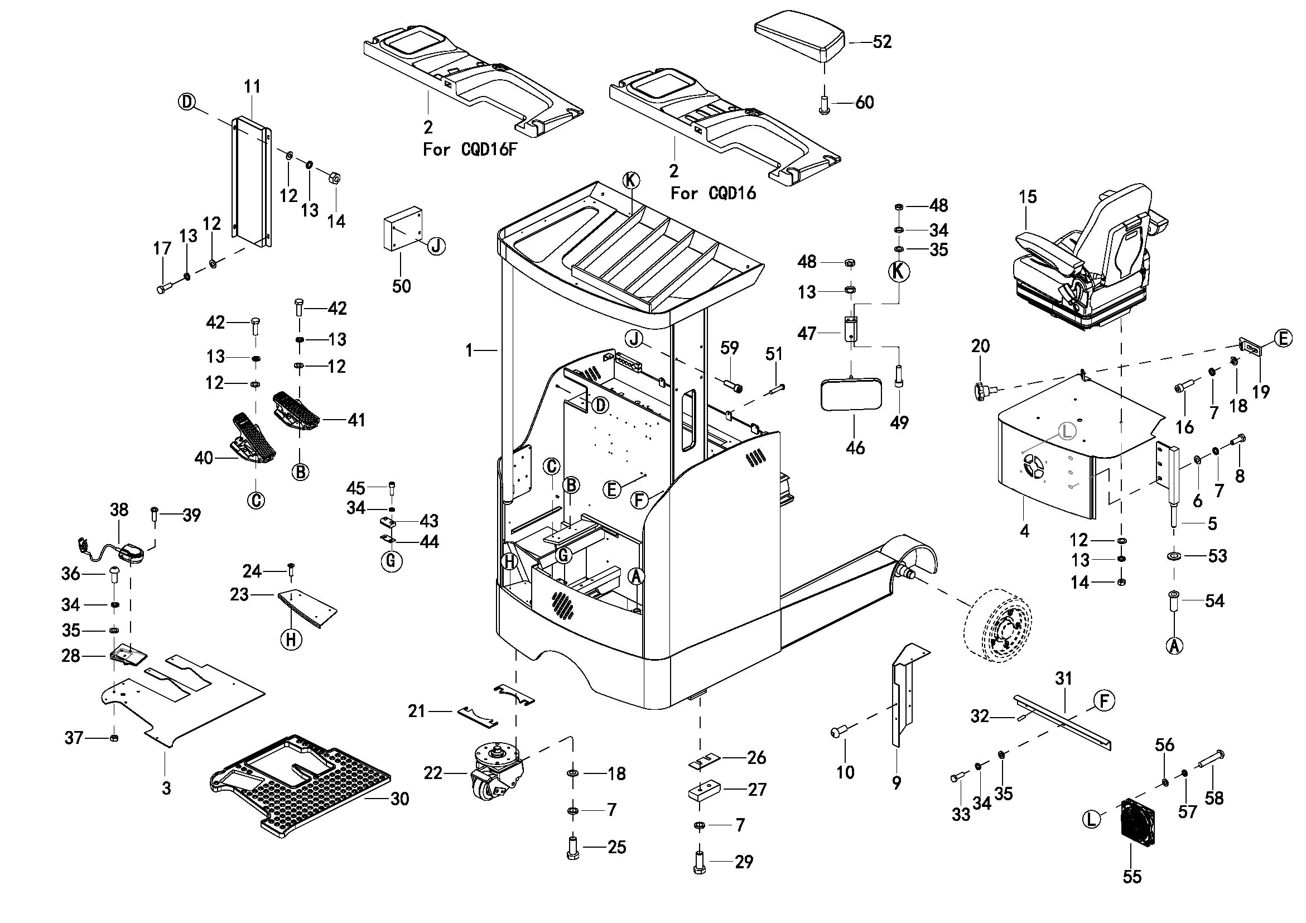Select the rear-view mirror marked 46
(x=851, y=395)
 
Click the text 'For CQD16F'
(x=470, y=150)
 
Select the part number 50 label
(x=401, y=286)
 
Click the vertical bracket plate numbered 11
(x=252, y=182)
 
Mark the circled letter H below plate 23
(x=291, y=640)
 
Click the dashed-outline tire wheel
(x=997, y=626)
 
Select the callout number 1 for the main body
(x=469, y=350)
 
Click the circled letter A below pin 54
(x=1174, y=645)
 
